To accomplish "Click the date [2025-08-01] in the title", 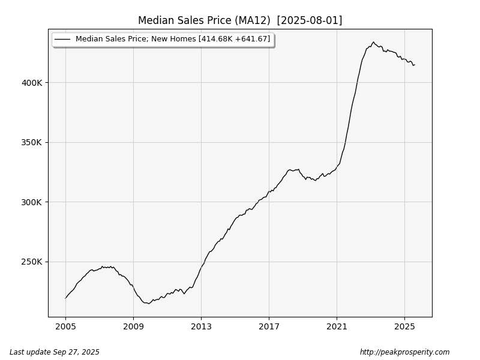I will pyautogui.click(x=310, y=20).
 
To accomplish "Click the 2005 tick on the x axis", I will pyautogui.click(x=65, y=327).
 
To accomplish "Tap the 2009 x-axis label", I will pyautogui.click(x=133, y=327).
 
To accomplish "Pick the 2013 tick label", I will pyautogui.click(x=201, y=327).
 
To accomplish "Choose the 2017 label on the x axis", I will pyautogui.click(x=269, y=327).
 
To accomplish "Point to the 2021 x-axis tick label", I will pyautogui.click(x=337, y=327).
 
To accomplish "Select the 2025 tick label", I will pyautogui.click(x=404, y=327).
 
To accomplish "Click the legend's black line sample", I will pyautogui.click(x=62, y=40).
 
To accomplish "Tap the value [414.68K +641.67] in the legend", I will pyautogui.click(x=238, y=40).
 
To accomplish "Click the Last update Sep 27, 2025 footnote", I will pyautogui.click(x=55, y=352).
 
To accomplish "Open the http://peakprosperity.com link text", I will pyautogui.click(x=404, y=352).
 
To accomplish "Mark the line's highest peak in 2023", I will pyautogui.click(x=373, y=42).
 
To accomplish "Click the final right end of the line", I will pyautogui.click(x=414, y=65).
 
